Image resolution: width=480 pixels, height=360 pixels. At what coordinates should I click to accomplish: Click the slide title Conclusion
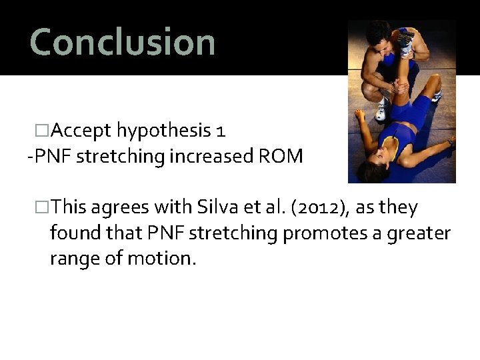coord(123,41)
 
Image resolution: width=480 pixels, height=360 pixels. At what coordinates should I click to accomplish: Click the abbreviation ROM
coord(285,157)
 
